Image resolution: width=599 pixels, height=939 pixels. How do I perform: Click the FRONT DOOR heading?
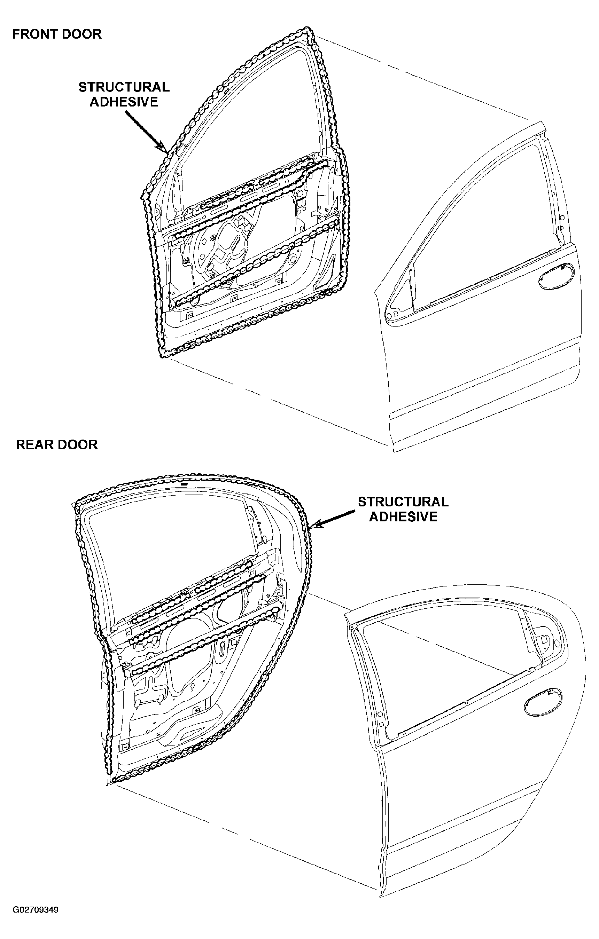click(57, 34)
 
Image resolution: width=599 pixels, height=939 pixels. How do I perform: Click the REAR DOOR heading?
click(57, 444)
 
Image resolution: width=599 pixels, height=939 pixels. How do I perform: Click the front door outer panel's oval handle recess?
click(556, 276)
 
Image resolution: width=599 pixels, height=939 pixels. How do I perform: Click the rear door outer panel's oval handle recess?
click(543, 702)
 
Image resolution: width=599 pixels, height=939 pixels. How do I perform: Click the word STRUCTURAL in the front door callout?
click(124, 87)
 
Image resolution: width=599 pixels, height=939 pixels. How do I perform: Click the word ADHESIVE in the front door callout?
click(124, 102)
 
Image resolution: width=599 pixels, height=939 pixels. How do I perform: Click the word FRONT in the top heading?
click(32, 34)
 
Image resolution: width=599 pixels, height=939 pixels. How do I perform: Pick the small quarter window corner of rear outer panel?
click(544, 640)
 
